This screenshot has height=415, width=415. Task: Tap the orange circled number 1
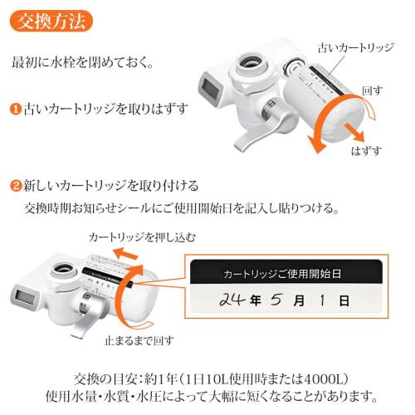[x=16, y=109]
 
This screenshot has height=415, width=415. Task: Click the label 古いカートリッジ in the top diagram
[x=351, y=48]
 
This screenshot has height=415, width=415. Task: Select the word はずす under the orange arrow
[x=365, y=151]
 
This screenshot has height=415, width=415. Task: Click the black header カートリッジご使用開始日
[x=282, y=271]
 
